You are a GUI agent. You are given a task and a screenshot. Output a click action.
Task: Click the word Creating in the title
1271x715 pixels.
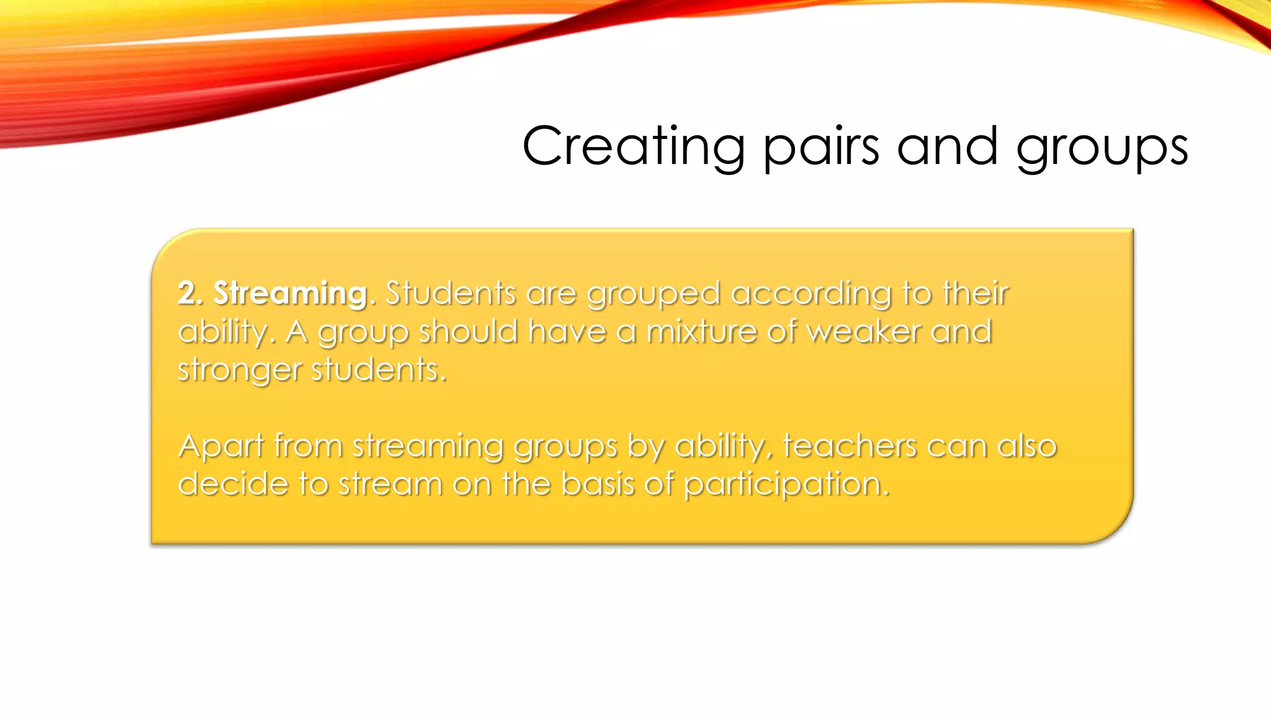click(x=634, y=146)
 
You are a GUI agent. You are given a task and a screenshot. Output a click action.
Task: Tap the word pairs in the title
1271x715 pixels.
click(x=821, y=146)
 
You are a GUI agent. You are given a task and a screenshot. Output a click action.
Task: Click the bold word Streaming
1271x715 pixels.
click(x=290, y=293)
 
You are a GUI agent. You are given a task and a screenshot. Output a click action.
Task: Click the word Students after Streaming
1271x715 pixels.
click(x=451, y=293)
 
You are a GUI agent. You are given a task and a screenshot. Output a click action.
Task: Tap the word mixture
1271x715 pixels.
click(x=701, y=331)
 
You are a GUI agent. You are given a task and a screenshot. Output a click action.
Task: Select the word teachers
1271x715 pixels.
click(x=848, y=446)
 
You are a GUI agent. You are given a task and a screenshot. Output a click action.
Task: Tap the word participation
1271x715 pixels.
click(x=786, y=485)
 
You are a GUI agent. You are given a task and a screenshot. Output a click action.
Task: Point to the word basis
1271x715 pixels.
click(x=597, y=483)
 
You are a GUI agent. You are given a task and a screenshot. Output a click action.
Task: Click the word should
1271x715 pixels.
click(x=468, y=331)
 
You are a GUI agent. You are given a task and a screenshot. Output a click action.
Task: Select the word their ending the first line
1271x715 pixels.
click(x=976, y=293)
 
